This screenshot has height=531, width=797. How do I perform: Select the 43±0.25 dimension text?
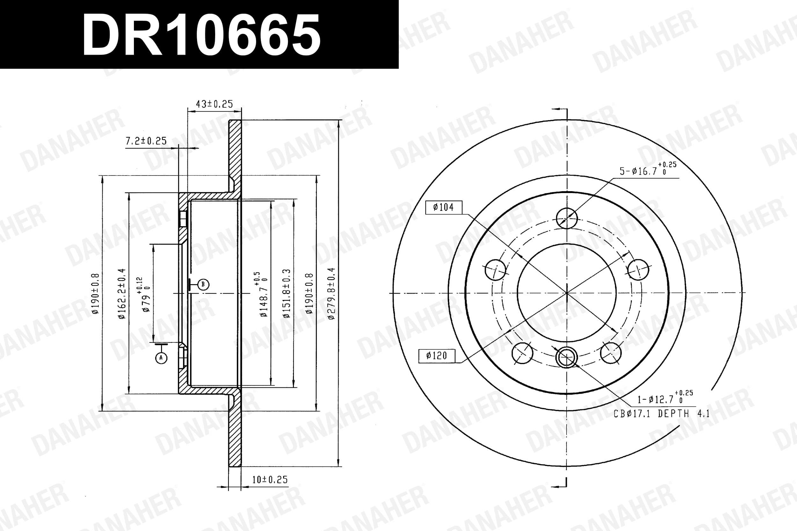click(x=215, y=104)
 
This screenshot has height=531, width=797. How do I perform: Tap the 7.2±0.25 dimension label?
click(x=146, y=140)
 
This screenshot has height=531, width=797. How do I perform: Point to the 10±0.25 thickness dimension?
click(x=270, y=479)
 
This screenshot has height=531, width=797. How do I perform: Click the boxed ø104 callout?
click(x=443, y=207)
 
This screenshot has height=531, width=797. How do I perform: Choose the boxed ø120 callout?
click(x=437, y=356)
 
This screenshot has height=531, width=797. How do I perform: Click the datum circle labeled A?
click(x=161, y=358)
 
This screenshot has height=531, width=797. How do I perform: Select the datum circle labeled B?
click(x=203, y=284)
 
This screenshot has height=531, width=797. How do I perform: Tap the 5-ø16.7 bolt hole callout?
click(x=648, y=169)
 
